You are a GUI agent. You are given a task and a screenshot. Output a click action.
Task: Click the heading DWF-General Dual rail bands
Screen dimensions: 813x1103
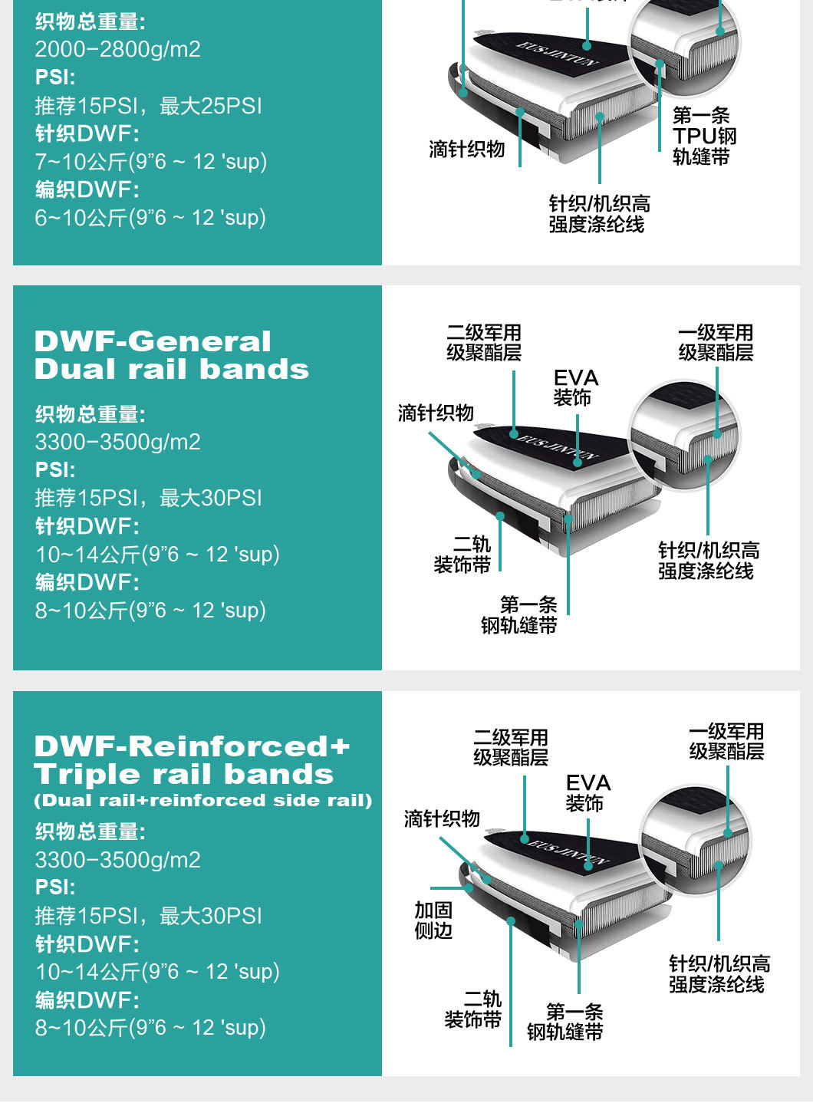coord(171,355)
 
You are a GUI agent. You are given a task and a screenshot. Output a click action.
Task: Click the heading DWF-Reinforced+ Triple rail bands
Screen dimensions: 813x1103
coord(191,759)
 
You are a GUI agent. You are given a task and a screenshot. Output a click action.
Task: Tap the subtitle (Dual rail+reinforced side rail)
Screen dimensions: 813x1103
coord(202,800)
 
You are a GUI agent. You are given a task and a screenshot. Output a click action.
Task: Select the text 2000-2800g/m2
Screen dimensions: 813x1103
coord(117,49)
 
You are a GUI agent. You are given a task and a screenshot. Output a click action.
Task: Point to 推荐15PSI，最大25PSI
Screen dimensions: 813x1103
coord(148,105)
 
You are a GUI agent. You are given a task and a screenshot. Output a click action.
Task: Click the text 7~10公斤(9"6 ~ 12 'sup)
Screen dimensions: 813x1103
coord(150,161)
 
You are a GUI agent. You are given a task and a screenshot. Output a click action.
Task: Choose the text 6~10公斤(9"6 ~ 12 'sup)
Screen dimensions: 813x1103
coord(150,217)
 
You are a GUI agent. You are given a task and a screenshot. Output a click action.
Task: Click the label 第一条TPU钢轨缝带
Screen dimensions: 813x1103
coord(704,136)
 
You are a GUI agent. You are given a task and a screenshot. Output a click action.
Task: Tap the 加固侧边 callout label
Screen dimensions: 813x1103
coord(433,920)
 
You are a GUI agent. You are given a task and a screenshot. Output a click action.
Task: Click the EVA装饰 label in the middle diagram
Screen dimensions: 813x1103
coord(575,387)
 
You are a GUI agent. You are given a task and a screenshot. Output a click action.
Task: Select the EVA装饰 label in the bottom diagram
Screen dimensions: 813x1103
coord(588,792)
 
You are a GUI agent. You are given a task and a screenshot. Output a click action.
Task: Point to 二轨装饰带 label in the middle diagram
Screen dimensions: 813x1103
coord(462,555)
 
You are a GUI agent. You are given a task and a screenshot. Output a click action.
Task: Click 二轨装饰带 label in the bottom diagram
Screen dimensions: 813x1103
coord(473,1009)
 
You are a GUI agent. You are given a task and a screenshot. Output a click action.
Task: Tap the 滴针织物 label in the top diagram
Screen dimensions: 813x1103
coord(466,149)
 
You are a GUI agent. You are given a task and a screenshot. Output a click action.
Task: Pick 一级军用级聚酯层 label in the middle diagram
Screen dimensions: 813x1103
coord(716,342)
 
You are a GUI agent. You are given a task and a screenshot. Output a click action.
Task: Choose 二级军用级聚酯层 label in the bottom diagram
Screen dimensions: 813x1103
coord(511,747)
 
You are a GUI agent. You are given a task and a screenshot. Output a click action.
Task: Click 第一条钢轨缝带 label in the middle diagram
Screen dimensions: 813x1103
coord(519,615)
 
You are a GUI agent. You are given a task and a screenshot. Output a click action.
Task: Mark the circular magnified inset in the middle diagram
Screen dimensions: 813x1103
coord(684,435)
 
